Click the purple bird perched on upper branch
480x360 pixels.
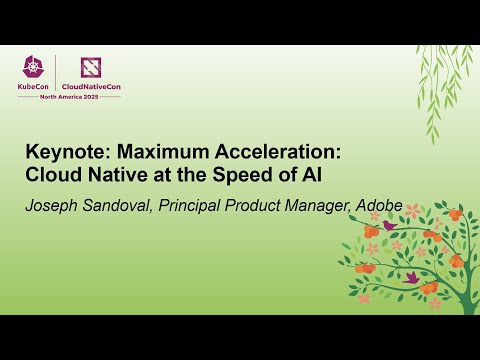389,226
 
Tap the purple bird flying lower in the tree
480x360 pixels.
411,276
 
